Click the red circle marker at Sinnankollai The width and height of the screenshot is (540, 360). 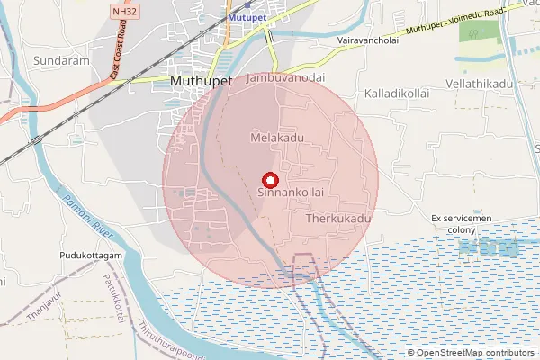point(267,179)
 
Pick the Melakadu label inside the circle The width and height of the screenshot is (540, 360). point(276,137)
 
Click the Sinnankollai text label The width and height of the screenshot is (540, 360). point(290,193)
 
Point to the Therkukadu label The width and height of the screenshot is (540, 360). point(338,219)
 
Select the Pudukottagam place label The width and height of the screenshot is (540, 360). point(90,256)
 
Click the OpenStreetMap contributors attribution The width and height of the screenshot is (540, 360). point(475,353)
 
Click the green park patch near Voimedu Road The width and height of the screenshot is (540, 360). point(477,31)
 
